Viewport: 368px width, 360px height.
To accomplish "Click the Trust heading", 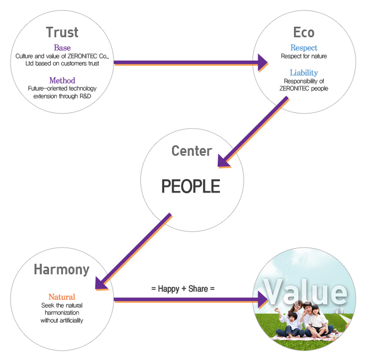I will (x=62, y=32).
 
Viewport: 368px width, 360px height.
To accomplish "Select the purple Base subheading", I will (x=62, y=48).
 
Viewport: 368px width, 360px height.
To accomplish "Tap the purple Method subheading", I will (x=62, y=81).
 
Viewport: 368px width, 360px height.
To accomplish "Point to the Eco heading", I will (x=303, y=32).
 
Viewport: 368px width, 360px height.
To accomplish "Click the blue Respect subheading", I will (x=303, y=48).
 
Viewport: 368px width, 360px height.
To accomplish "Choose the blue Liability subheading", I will (x=303, y=73).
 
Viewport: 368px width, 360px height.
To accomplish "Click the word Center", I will (x=192, y=151).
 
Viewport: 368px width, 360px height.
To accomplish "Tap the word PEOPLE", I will (x=191, y=186).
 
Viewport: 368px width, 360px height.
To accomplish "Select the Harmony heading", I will (x=61, y=270).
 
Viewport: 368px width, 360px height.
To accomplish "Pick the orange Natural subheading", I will (x=61, y=297).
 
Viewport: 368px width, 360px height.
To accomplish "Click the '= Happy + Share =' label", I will (x=183, y=289).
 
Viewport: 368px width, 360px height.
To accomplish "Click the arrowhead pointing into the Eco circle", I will (x=262, y=62).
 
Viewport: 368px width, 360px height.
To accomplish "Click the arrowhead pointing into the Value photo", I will (x=262, y=300).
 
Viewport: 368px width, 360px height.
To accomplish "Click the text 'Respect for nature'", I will (x=303, y=56).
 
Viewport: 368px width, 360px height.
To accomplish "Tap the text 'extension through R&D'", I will (x=62, y=96).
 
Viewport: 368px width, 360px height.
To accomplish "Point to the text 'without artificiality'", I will (x=61, y=321).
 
